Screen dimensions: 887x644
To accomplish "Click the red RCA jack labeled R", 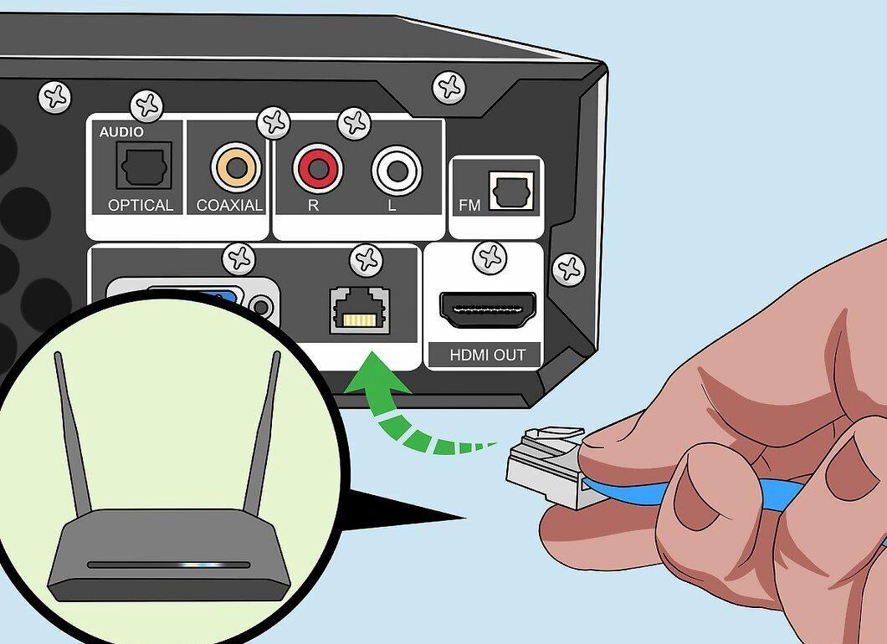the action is point(317,168).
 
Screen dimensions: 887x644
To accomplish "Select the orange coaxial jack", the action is point(237,167).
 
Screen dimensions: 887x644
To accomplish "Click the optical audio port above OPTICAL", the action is point(144,165).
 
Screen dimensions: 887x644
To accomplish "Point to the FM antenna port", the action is point(511,191).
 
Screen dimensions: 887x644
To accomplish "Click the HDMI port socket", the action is point(488,310).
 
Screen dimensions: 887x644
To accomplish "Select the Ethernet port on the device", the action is point(360,310).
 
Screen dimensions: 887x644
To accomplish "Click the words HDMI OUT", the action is point(487,355).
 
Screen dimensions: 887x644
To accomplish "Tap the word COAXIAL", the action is point(229,205).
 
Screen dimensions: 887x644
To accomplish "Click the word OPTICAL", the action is point(141,205).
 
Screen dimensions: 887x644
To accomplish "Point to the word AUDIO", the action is point(121,132).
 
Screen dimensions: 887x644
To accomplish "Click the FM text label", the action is point(469,205).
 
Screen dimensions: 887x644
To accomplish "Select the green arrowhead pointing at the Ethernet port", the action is point(377,375).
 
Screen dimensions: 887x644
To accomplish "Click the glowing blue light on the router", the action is point(203,565).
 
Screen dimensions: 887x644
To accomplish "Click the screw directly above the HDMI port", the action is point(490,258).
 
